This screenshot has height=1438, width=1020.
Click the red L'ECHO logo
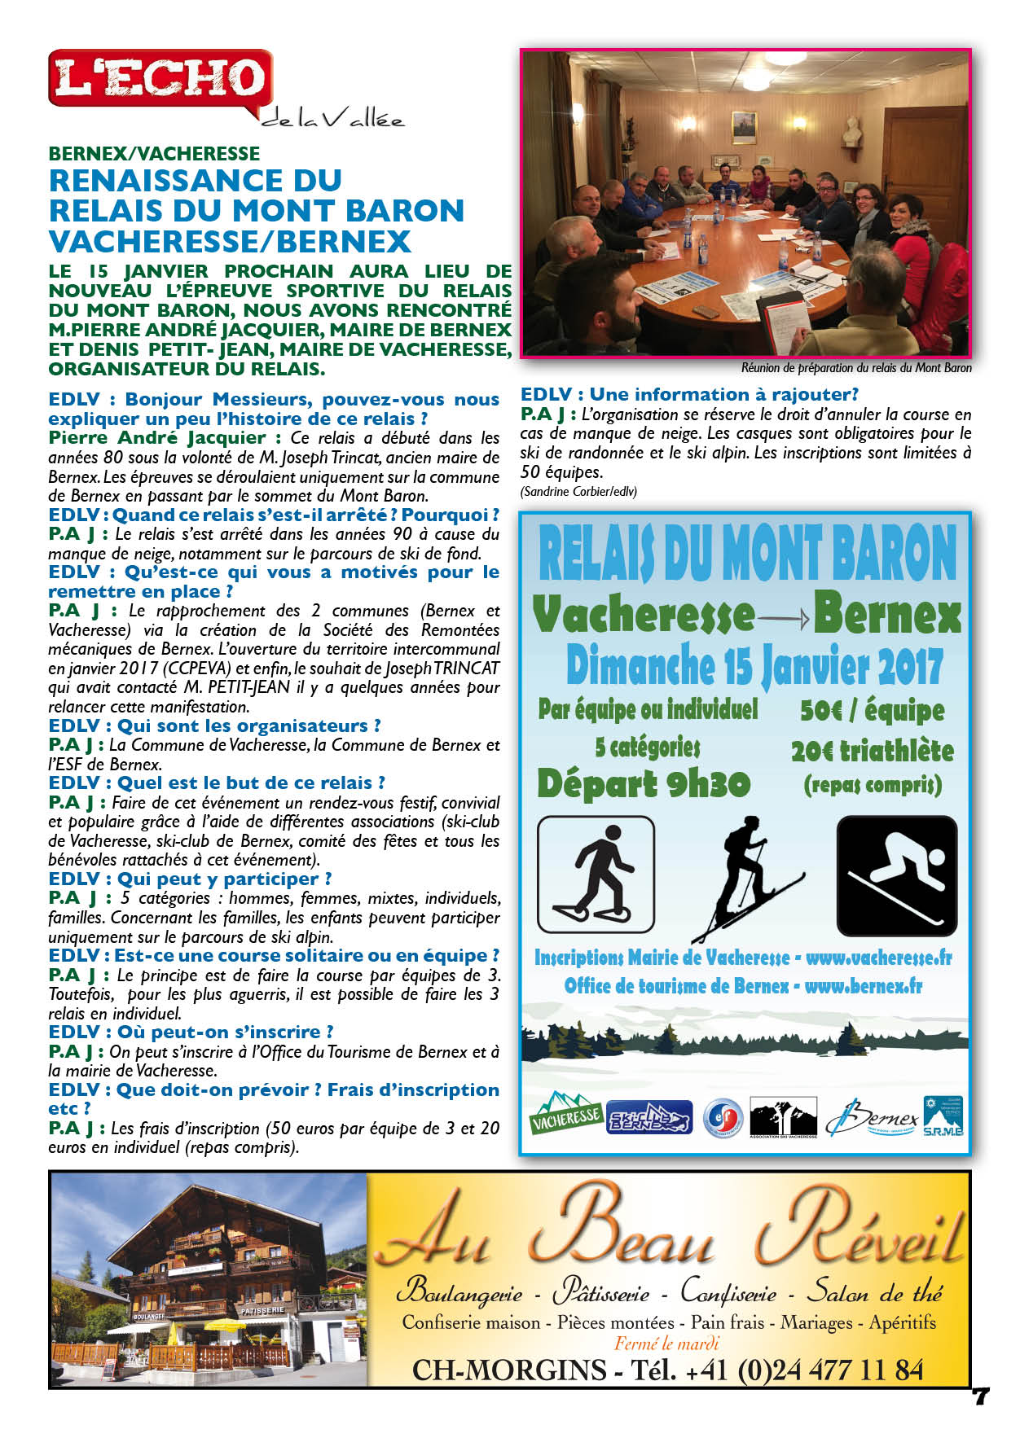click(160, 77)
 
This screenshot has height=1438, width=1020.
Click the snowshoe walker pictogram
click(596, 874)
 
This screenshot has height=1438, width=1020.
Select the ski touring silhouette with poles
click(745, 878)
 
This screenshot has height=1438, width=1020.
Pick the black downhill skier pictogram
click(896, 875)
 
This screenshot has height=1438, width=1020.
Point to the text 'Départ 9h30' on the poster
click(644, 783)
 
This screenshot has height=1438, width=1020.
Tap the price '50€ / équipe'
click(872, 710)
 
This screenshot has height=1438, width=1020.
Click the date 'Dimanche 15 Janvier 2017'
click(754, 666)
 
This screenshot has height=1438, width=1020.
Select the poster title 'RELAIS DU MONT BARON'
click(746, 553)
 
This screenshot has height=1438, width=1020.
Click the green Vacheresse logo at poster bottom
click(566, 1113)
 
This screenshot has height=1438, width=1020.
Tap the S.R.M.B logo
click(943, 1116)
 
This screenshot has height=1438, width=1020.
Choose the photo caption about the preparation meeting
click(855, 368)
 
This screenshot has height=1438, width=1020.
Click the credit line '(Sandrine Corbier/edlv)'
click(578, 491)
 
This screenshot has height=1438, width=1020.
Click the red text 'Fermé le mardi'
click(666, 1344)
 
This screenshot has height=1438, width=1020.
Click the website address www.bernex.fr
click(863, 986)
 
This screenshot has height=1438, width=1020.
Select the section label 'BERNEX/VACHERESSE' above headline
click(154, 154)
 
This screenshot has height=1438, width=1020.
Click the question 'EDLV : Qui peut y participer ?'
click(190, 879)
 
